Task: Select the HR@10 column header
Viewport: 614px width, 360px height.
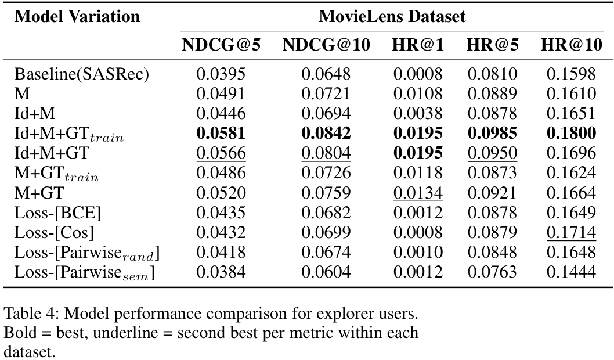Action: click(x=571, y=46)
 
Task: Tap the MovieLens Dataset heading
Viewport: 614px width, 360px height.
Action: click(x=392, y=16)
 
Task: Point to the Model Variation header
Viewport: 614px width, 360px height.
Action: click(x=77, y=16)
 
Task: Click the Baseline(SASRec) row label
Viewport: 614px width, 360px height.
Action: click(x=82, y=74)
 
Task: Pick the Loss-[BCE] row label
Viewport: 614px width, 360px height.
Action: click(x=58, y=213)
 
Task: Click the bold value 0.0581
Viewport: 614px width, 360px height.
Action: click(x=221, y=134)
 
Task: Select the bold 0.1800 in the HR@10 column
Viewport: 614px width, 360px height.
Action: click(x=571, y=134)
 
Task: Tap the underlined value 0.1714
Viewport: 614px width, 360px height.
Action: click(x=571, y=232)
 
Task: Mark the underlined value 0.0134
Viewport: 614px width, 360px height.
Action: click(x=418, y=193)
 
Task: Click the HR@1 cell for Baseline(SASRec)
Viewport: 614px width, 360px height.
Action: click(x=418, y=74)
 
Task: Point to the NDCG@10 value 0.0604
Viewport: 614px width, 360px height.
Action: click(x=326, y=272)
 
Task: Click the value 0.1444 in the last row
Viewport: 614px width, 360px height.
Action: click(x=571, y=272)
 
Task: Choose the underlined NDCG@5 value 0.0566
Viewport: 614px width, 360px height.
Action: click(x=221, y=153)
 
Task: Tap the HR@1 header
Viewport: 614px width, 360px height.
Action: click(x=418, y=46)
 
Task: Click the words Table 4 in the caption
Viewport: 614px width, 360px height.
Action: click(x=29, y=315)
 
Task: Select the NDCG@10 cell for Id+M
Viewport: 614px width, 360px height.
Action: click(x=326, y=114)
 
